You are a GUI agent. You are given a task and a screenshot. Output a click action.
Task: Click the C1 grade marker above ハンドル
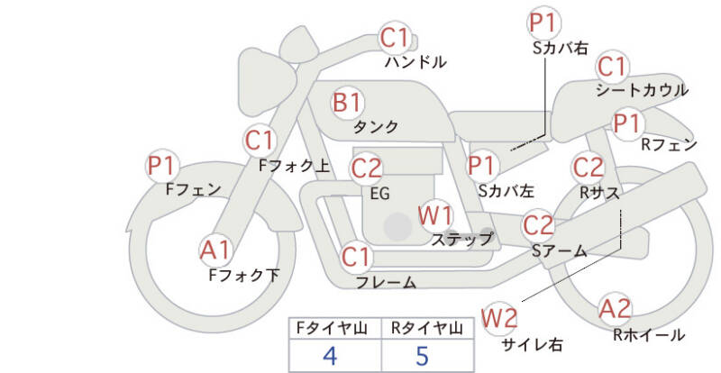click(395, 38)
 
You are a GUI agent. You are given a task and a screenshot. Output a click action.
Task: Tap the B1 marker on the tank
click(348, 102)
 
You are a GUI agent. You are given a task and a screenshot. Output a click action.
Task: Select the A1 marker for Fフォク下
click(215, 250)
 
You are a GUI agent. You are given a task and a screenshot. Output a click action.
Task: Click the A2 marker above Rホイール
click(615, 309)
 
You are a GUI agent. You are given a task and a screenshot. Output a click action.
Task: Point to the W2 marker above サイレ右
click(499, 318)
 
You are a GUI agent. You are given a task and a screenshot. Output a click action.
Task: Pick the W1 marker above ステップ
click(435, 216)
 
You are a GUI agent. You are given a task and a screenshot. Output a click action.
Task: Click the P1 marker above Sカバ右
click(544, 23)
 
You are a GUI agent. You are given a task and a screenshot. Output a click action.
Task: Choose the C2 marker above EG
click(367, 168)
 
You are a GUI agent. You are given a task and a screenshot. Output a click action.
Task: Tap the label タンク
click(376, 127)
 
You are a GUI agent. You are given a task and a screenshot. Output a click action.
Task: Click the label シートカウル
click(642, 90)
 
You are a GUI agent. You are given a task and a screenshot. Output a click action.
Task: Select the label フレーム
click(387, 282)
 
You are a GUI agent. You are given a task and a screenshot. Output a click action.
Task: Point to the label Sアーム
click(560, 250)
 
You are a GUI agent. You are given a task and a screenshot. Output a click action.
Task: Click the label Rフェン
click(669, 145)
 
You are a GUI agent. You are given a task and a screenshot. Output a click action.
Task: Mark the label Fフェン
click(193, 189)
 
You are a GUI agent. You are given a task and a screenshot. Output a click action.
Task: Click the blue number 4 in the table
click(330, 356)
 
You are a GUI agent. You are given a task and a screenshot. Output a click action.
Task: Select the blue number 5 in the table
click(422, 356)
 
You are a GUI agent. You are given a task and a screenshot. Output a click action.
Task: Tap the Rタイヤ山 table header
click(427, 328)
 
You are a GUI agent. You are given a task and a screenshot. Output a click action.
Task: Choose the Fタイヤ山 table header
click(332, 328)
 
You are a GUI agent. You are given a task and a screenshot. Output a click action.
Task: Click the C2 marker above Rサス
click(588, 167)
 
